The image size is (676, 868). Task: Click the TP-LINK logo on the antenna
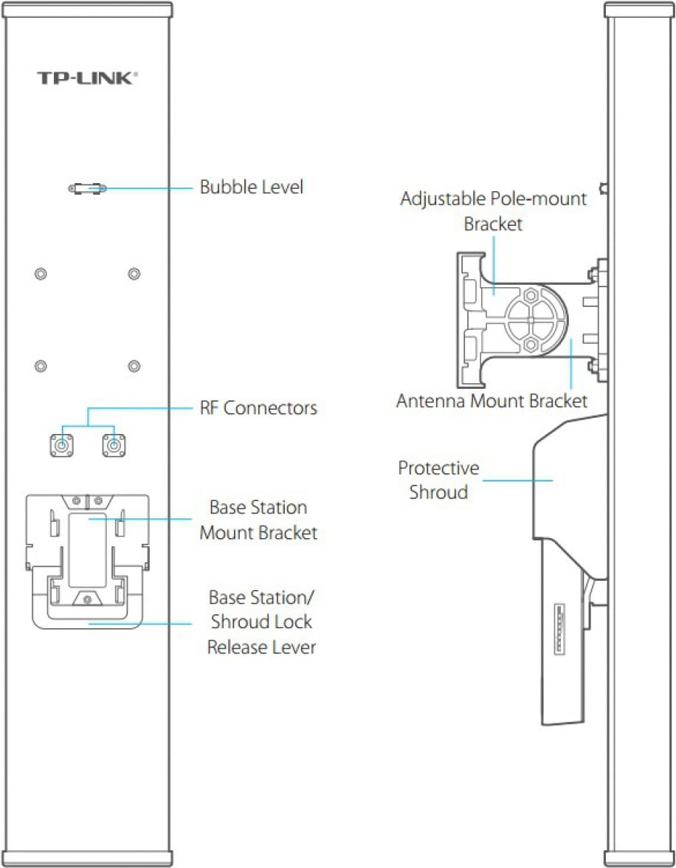pyautogui.click(x=87, y=77)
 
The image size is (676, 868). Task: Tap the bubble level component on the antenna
pyautogui.click(x=88, y=189)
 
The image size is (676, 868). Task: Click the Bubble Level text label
pyautogui.click(x=251, y=187)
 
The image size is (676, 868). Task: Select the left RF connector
pyautogui.click(x=61, y=445)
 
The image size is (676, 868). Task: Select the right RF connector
pyautogui.click(x=113, y=445)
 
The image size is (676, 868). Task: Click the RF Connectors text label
pyautogui.click(x=258, y=407)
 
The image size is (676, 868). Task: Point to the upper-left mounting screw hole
pyautogui.click(x=41, y=274)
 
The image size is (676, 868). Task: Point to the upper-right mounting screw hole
pyautogui.click(x=134, y=274)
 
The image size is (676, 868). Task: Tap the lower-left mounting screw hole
pyautogui.click(x=41, y=366)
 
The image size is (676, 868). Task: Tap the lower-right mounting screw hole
pyautogui.click(x=134, y=366)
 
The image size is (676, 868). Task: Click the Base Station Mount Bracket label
pyautogui.click(x=258, y=520)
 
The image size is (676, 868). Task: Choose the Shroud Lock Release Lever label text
pyautogui.click(x=261, y=621)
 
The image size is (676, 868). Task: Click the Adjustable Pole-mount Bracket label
pyautogui.click(x=493, y=210)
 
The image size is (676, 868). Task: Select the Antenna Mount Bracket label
pyautogui.click(x=492, y=402)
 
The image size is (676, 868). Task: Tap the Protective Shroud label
pyautogui.click(x=438, y=480)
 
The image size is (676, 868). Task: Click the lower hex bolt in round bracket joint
pyautogui.click(x=529, y=344)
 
